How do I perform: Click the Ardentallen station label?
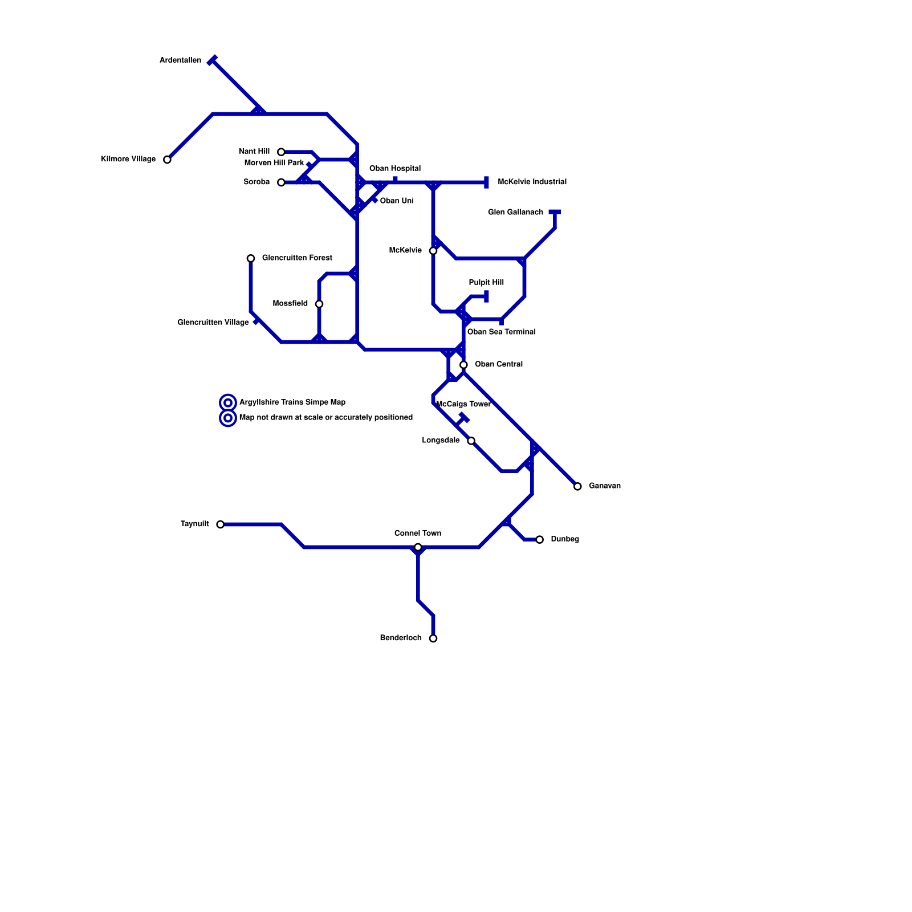[x=180, y=60]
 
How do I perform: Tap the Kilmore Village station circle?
[x=167, y=160]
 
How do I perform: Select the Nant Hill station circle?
[x=281, y=152]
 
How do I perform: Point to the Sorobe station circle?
[x=281, y=182]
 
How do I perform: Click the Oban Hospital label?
[x=394, y=168]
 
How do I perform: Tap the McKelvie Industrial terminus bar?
[x=486, y=182]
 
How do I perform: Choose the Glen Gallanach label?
[x=515, y=212]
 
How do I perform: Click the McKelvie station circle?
[x=433, y=251]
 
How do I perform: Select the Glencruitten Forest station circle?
[x=251, y=258]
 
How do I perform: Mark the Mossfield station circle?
[x=319, y=304]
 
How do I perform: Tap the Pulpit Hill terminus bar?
[x=486, y=296]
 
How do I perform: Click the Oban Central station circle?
[x=463, y=365]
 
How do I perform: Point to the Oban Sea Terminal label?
[x=501, y=332]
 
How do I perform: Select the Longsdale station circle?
[x=471, y=441]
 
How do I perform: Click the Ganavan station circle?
[x=577, y=486]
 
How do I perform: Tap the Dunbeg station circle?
[x=539, y=539]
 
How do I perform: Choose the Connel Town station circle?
[x=418, y=547]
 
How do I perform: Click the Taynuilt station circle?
[x=220, y=524]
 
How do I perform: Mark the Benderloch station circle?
[x=433, y=638]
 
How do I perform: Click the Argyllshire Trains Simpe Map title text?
[x=292, y=402]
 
